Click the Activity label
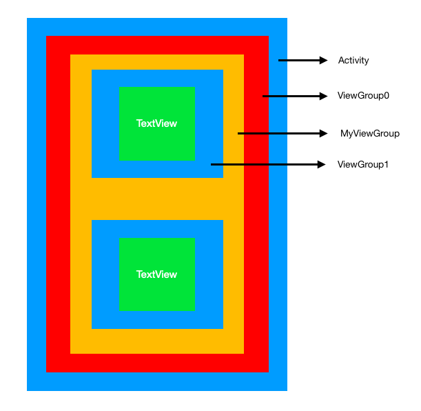(353, 61)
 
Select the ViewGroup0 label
(363, 96)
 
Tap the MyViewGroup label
(369, 133)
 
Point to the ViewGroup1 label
(363, 164)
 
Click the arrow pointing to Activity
(303, 61)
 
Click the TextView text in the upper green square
(156, 123)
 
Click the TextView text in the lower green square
(156, 274)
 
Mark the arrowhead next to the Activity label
(324, 61)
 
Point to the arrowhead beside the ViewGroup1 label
(321, 164)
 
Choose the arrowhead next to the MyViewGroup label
(323, 133)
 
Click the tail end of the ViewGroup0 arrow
(265, 96)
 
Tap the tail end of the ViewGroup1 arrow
(212, 164)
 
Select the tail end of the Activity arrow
(280, 61)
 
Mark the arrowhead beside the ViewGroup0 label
(324, 96)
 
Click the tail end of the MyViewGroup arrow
(239, 133)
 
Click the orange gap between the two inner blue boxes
(157, 199)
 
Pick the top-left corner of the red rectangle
(47, 37)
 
